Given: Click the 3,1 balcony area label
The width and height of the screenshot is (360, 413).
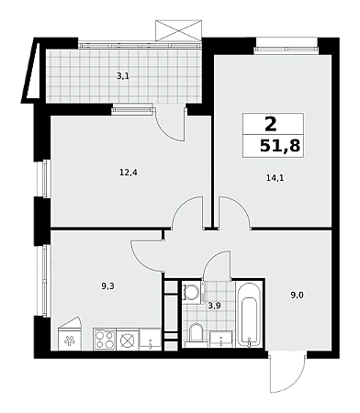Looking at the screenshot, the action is coord(123,76).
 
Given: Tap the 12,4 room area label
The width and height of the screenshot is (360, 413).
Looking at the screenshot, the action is coord(129,173).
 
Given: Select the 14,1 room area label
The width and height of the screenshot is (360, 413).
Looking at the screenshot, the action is coord(275,178).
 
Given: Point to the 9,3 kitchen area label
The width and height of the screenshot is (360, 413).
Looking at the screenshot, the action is coord(107,286).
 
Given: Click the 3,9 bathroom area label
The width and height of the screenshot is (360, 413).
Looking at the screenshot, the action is coord(214,306).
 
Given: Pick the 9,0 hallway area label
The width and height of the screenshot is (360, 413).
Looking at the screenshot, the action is coord(297,296).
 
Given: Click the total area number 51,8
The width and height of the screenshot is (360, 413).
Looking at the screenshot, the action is coord(280,146).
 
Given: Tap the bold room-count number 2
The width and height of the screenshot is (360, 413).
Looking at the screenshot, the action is coord(271,124).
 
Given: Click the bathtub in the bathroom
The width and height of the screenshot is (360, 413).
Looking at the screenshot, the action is coord(249,316).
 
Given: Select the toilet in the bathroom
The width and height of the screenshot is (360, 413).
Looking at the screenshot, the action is coord(196,335).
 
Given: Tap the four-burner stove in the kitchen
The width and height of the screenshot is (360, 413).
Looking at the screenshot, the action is coord(105,340).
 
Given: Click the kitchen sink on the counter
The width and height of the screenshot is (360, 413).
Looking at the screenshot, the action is coord(150,340).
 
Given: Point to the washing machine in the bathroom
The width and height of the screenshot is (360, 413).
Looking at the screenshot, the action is coord(192,293).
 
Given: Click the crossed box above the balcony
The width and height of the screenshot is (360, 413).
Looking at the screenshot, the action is coord(179,30).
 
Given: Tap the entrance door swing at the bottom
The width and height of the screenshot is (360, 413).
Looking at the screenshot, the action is coord(287,372).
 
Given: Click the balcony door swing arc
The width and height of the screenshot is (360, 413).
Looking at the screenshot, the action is coord(167,128).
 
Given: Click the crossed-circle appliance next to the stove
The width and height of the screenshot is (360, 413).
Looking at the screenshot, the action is coord(128,340).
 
